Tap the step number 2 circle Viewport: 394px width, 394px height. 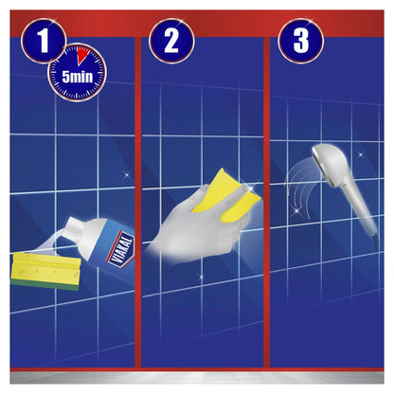pos(170,41)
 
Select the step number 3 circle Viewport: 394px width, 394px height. pos(301,41)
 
